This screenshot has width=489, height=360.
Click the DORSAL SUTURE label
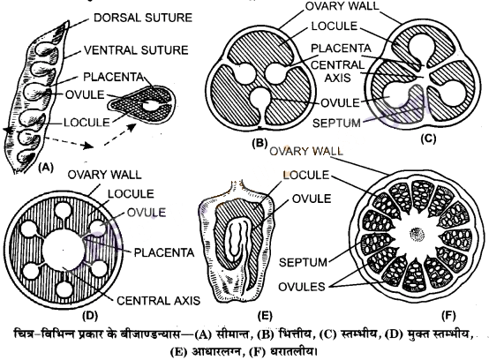point(143,18)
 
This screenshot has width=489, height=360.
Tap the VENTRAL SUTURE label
point(136,50)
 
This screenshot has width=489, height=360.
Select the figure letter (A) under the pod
point(46,168)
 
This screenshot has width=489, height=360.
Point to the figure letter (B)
point(260,143)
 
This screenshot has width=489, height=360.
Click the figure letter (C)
point(428,139)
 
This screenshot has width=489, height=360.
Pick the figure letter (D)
point(90,315)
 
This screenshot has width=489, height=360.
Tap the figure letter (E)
point(265,316)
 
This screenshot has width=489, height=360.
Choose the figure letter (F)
point(448,316)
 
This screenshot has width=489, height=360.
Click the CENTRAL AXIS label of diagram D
point(158,301)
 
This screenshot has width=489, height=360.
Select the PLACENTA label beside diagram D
point(164,252)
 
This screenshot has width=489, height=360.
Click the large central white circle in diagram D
point(64,250)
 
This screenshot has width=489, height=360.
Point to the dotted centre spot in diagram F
point(417,234)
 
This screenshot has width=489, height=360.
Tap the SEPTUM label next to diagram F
point(303,262)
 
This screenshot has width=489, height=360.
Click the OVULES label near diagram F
point(302,287)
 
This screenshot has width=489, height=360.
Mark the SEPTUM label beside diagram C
point(336,124)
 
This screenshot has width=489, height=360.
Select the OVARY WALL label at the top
point(342,6)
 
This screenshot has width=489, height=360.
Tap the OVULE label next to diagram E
point(312,199)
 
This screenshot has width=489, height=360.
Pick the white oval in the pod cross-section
point(150,105)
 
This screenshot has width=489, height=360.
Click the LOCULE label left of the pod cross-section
point(87,123)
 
